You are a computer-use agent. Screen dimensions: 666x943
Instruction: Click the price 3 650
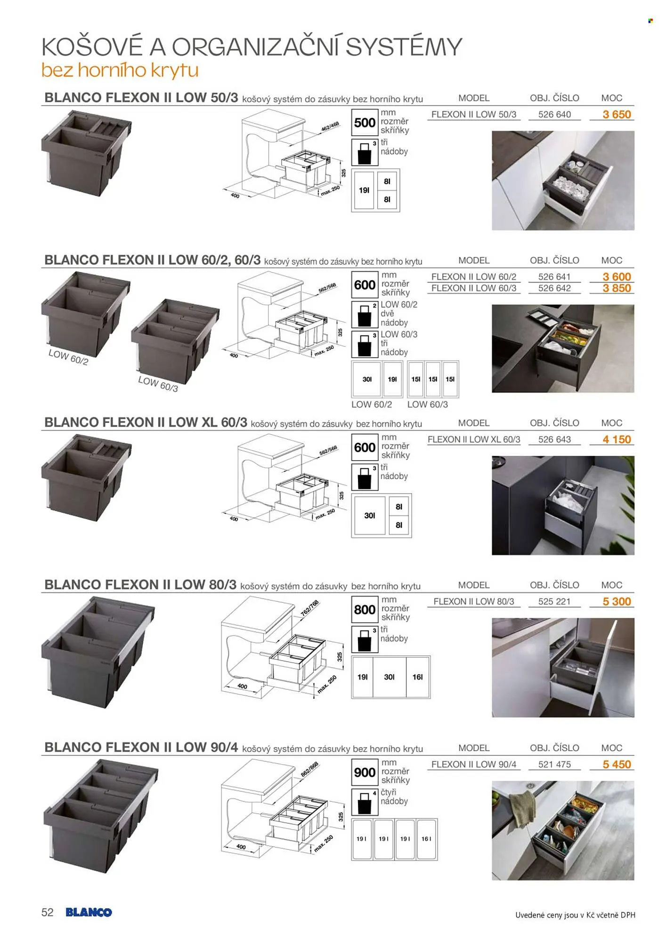pyautogui.click(x=617, y=115)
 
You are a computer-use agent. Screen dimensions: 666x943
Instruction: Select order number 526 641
pyautogui.click(x=554, y=277)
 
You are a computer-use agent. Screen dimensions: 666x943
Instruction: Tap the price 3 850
pyautogui.click(x=617, y=288)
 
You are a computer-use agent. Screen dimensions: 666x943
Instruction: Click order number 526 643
pyautogui.click(x=554, y=439)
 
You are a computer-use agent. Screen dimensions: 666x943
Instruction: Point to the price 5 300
pyautogui.click(x=617, y=602)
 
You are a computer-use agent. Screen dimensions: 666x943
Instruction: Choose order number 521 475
pyautogui.click(x=554, y=764)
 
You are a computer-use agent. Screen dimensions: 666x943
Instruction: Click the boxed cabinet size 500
pyautogui.click(x=365, y=123)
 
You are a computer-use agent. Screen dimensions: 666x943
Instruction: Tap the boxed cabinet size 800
pyautogui.click(x=365, y=610)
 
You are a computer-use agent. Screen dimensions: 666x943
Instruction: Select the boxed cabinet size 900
pyautogui.click(x=365, y=772)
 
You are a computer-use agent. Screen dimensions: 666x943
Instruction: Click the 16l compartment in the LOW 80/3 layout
pyautogui.click(x=417, y=677)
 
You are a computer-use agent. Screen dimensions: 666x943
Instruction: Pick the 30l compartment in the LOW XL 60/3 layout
pyautogui.click(x=370, y=515)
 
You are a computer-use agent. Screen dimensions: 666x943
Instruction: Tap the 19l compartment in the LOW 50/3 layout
pyautogui.click(x=364, y=190)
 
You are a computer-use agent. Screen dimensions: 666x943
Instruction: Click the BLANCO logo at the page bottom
pyautogui.click(x=89, y=912)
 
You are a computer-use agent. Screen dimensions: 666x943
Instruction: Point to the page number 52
pyautogui.click(x=48, y=912)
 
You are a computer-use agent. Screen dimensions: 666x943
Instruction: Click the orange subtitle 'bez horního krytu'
pyautogui.click(x=120, y=70)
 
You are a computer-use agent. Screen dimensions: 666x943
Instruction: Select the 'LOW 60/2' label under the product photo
pyautogui.click(x=68, y=357)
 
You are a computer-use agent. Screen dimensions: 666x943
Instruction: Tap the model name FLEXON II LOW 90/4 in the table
pyautogui.click(x=474, y=764)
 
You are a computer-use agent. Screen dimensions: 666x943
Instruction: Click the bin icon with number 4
pyautogui.click(x=365, y=802)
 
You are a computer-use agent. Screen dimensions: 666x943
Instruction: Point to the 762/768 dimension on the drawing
pyautogui.click(x=309, y=607)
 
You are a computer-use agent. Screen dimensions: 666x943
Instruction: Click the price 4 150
pyautogui.click(x=617, y=439)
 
